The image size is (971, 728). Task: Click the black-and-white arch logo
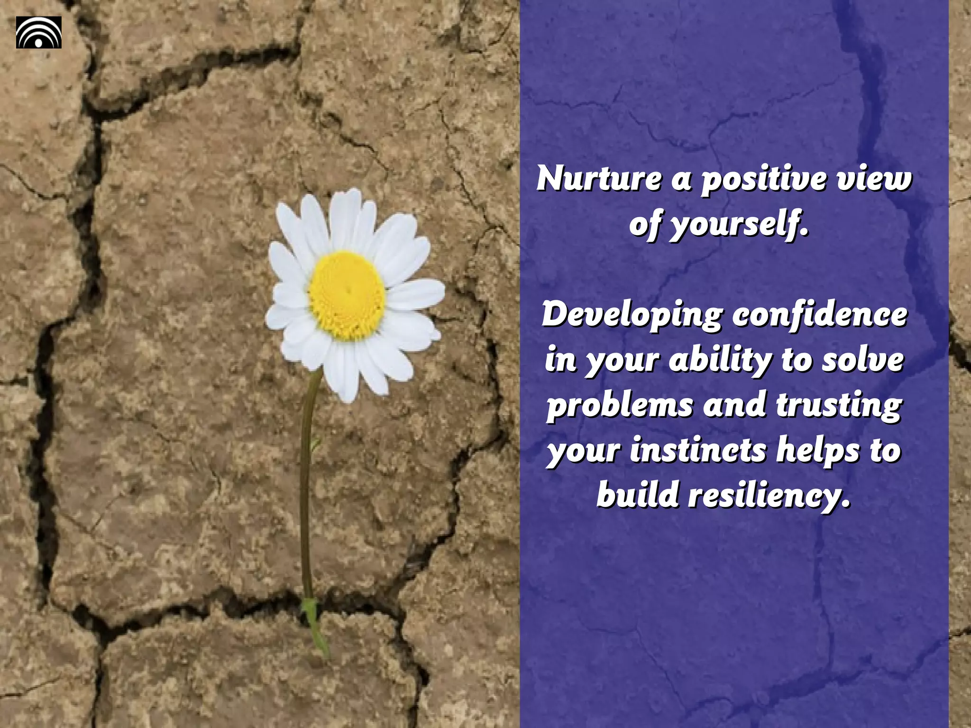39,32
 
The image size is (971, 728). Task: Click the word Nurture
598,179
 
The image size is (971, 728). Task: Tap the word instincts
698,450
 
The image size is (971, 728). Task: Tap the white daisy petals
408,294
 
